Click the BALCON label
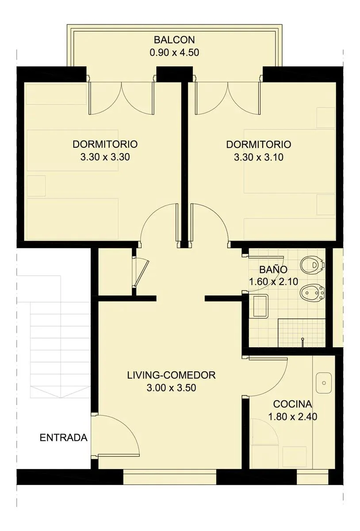click(x=174, y=40)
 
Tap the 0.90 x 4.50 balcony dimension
click(x=174, y=53)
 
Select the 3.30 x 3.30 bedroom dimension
click(x=105, y=157)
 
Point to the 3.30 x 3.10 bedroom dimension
click(x=259, y=157)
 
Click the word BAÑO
click(x=273, y=269)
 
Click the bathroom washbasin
click(x=260, y=306)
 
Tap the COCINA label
click(x=292, y=404)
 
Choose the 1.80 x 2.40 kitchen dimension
click(x=292, y=417)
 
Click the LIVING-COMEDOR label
click(x=171, y=375)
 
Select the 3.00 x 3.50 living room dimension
click(x=171, y=388)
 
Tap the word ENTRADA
click(x=64, y=438)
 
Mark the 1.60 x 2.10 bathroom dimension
click(x=273, y=281)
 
